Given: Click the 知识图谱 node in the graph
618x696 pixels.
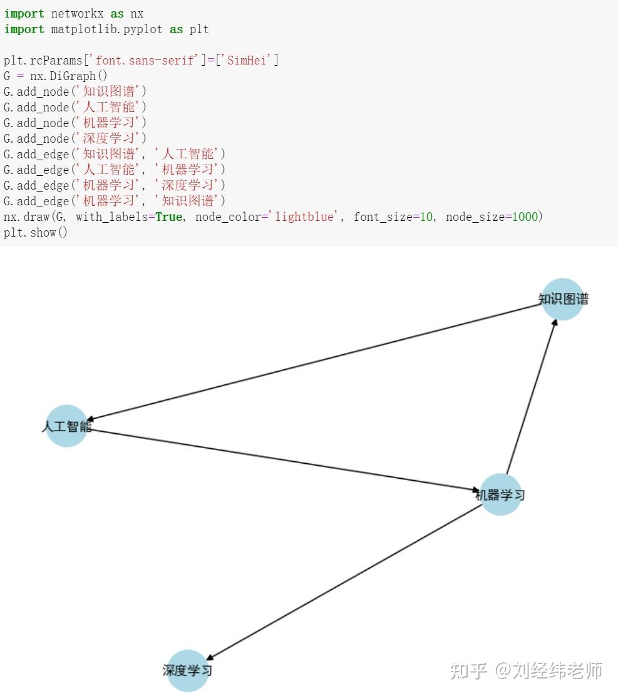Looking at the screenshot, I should [x=562, y=299].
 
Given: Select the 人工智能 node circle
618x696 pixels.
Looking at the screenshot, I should [x=67, y=426].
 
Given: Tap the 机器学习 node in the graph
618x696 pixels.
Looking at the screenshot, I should [x=500, y=494].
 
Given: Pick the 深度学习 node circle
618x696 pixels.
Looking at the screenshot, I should [x=187, y=670].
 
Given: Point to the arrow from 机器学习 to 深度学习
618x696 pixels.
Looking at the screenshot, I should [x=344, y=582].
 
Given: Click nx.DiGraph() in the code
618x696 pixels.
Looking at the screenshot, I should [x=69, y=76].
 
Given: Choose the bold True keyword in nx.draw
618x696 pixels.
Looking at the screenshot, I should [x=169, y=217].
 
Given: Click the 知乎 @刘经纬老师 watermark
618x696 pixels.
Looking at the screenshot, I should [x=526, y=671].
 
